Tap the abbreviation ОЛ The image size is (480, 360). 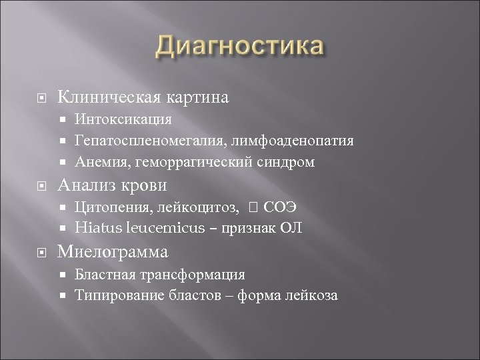tap(293, 228)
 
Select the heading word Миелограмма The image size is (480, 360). tap(113, 251)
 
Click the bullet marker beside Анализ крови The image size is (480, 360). tap(42, 185)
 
